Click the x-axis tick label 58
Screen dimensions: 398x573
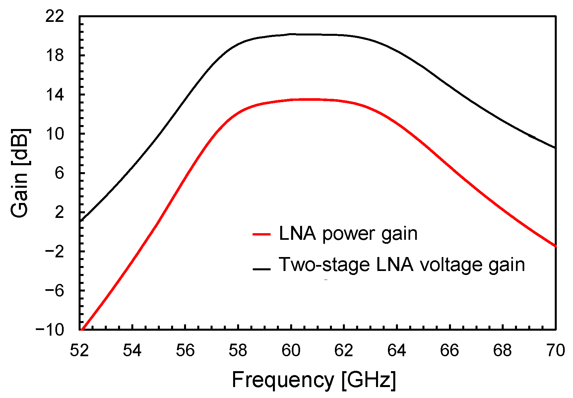pyautogui.click(x=238, y=351)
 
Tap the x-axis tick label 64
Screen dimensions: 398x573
pyautogui.click(x=397, y=351)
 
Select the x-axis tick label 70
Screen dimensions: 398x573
pyautogui.click(x=555, y=351)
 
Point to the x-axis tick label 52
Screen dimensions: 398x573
pyautogui.click(x=79, y=351)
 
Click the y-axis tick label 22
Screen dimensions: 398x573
pyautogui.click(x=55, y=16)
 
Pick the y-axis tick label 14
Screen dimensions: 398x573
pyautogui.click(x=55, y=95)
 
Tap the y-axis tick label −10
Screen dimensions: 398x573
pyautogui.click(x=50, y=330)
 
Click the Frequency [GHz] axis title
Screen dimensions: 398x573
pyautogui.click(x=314, y=380)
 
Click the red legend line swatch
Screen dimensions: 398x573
pyautogui.click(x=262, y=234)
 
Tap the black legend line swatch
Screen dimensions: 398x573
pyautogui.click(x=262, y=269)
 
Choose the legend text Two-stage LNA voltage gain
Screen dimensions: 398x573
pyautogui.click(x=402, y=265)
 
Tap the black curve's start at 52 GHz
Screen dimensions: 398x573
pyautogui.click(x=80, y=221)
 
